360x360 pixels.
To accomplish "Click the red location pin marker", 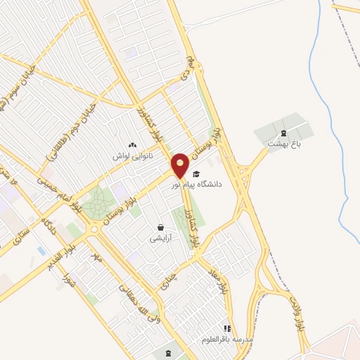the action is click(181, 165).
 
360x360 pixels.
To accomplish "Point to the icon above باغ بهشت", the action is click(283, 133).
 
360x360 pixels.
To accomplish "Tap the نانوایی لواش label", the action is click(133, 155).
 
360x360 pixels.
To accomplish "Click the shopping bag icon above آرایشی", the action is click(161, 228).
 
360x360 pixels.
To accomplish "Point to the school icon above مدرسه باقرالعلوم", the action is click(226, 328).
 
